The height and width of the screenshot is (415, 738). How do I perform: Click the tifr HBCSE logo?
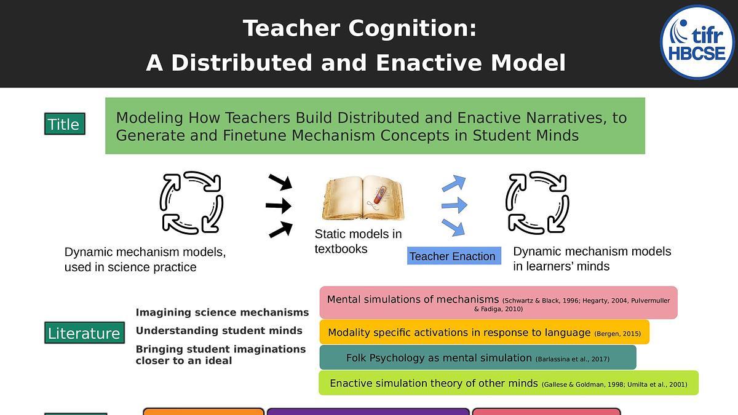697,42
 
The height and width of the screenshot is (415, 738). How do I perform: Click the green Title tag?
65,124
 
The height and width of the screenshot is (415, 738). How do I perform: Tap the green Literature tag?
85,333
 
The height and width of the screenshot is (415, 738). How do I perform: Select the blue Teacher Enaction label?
454,256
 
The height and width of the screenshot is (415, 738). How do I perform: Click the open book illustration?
363,198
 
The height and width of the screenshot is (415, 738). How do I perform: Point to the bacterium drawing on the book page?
379,195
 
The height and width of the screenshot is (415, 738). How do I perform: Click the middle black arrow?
279,206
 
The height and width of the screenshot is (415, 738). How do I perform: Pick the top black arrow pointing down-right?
280,182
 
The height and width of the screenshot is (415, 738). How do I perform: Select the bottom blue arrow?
453,227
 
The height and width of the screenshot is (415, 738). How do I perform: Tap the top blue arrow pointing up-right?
454,183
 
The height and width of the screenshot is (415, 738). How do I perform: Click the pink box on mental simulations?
499,302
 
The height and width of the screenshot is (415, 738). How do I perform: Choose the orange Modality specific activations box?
485,332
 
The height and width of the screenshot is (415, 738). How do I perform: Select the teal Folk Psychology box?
478,357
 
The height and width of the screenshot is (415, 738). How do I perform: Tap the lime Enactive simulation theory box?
509,382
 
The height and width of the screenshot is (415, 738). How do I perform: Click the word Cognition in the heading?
413,28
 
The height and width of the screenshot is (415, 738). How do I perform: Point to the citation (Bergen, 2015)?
617,334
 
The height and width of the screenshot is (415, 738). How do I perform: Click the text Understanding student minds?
219,330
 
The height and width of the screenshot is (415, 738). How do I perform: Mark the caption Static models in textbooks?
358,241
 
